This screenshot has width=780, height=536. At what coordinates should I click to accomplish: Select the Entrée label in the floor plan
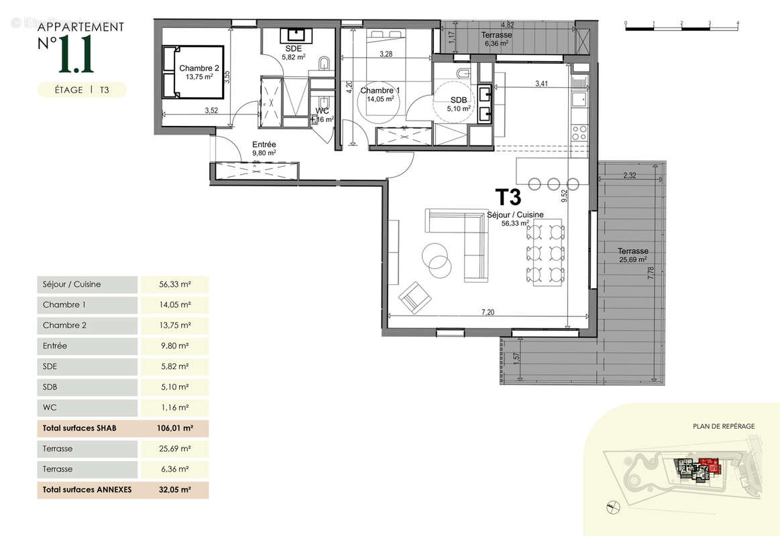pyautogui.click(x=264, y=144)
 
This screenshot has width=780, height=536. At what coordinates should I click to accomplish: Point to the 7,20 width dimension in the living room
pyautogui.click(x=487, y=312)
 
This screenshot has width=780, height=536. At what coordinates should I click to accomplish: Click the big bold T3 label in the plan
pyautogui.click(x=508, y=196)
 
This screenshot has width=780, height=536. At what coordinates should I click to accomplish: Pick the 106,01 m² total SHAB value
pyautogui.click(x=175, y=428)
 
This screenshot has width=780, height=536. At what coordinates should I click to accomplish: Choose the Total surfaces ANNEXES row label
pyautogui.click(x=87, y=490)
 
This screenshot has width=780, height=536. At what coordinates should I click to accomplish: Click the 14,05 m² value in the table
pyautogui.click(x=175, y=305)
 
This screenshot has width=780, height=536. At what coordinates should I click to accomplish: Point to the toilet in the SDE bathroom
pyautogui.click(x=325, y=64)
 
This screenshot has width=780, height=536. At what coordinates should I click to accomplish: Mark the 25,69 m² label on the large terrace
pyautogui.click(x=632, y=259)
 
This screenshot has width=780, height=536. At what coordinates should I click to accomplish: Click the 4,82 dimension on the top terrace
pyautogui.click(x=508, y=25)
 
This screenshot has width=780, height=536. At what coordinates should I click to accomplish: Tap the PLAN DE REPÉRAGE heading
pyautogui.click(x=724, y=426)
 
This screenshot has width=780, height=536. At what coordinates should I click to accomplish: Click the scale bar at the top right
pyautogui.click(x=681, y=27)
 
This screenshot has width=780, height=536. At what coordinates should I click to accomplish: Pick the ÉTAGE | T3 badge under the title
pyautogui.click(x=81, y=90)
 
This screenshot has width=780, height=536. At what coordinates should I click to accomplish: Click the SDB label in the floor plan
pyautogui.click(x=459, y=99)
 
